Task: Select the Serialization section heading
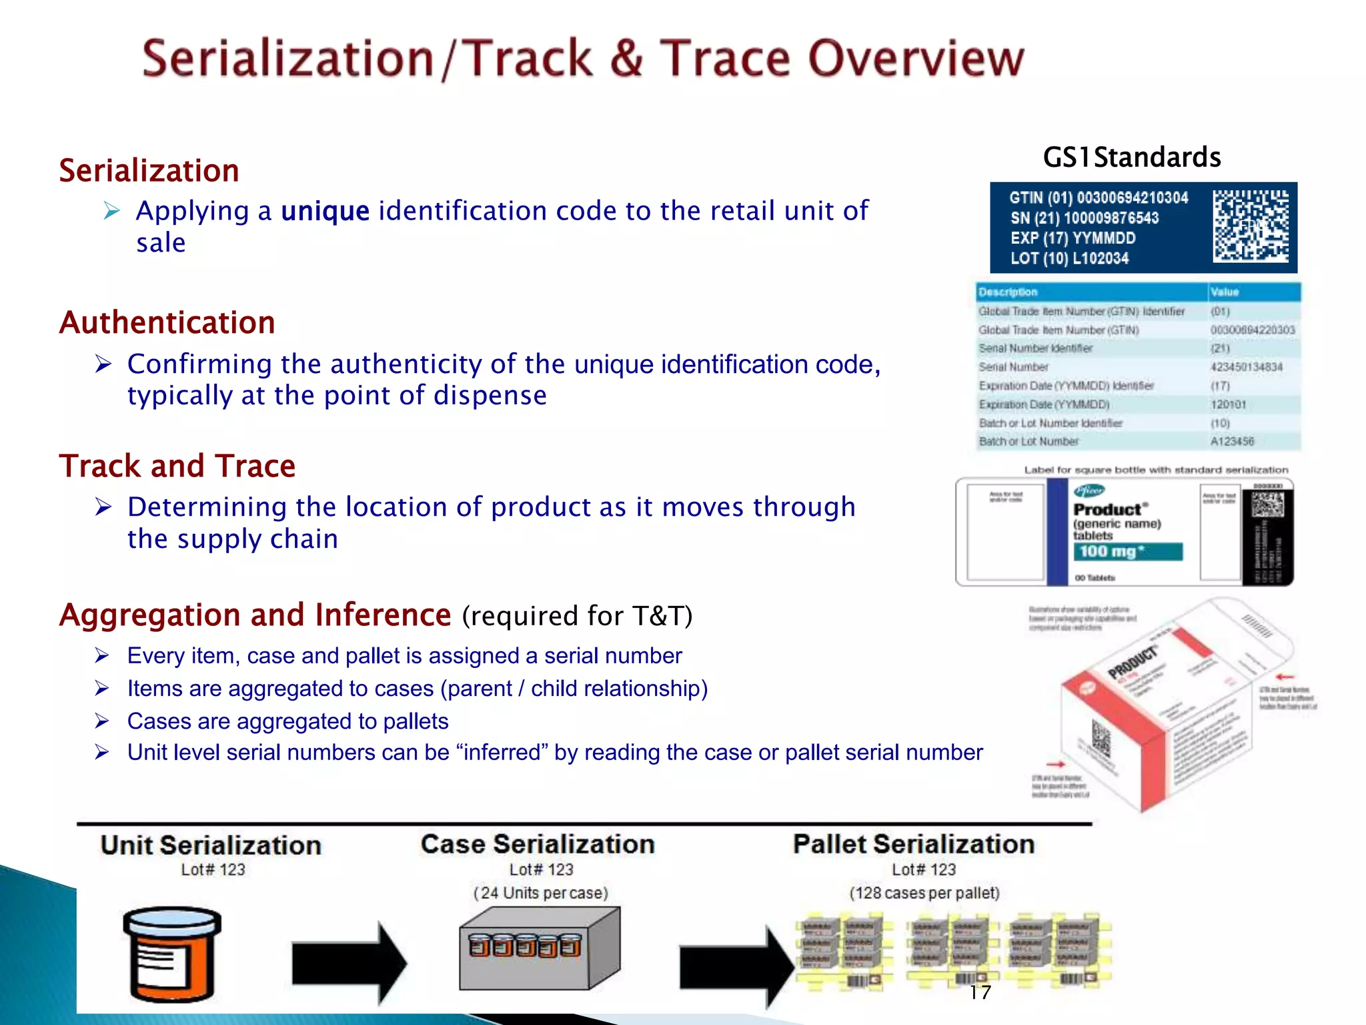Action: [x=149, y=171]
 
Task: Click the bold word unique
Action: [x=325, y=211]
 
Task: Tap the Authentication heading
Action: [x=167, y=323]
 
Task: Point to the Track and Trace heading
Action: [x=177, y=466]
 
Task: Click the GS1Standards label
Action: [x=1131, y=157]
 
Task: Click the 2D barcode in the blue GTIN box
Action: [x=1250, y=226]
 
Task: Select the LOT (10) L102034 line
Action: [x=1069, y=259]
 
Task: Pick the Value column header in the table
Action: [x=1225, y=292]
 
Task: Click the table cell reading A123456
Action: [x=1232, y=442]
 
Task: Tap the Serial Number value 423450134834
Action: [x=1246, y=367]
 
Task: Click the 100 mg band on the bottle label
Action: [x=1127, y=552]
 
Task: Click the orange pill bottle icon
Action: [x=172, y=954]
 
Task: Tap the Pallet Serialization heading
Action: [x=913, y=845]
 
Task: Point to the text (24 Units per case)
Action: [x=540, y=894]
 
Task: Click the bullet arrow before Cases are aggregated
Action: [x=101, y=721]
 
